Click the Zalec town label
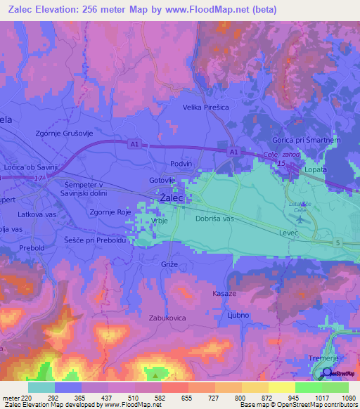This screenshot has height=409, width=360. (x=172, y=199)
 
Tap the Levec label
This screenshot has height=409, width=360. (x=289, y=231)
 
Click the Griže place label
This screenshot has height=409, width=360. (x=169, y=264)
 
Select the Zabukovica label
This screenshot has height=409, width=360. (x=167, y=318)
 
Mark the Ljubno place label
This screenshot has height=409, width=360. (x=238, y=315)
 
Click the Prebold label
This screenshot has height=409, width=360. (x=32, y=248)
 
